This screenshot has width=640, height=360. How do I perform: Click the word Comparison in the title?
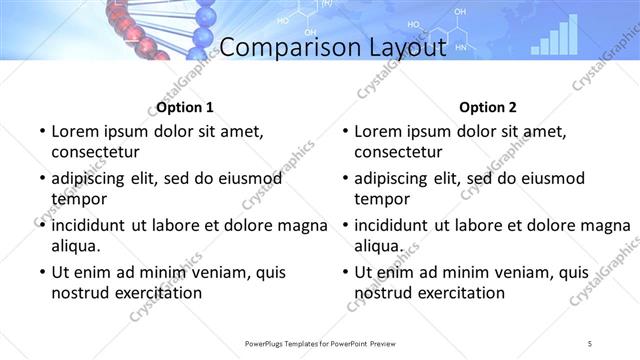point(283,47)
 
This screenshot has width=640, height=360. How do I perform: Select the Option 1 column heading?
point(185,107)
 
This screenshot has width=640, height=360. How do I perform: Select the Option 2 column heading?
point(488,107)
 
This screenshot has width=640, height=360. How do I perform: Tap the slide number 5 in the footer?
point(590,344)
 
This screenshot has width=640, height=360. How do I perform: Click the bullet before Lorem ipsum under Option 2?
point(343,132)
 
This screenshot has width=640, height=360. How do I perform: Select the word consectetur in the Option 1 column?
point(95,152)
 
